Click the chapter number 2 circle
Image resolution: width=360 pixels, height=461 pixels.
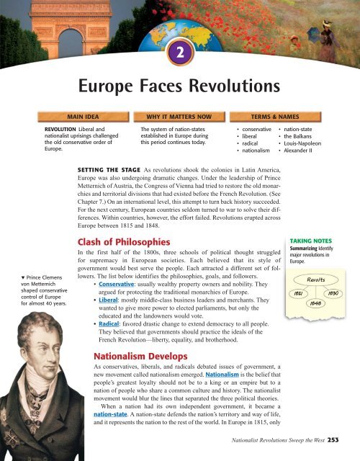point(179,53)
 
